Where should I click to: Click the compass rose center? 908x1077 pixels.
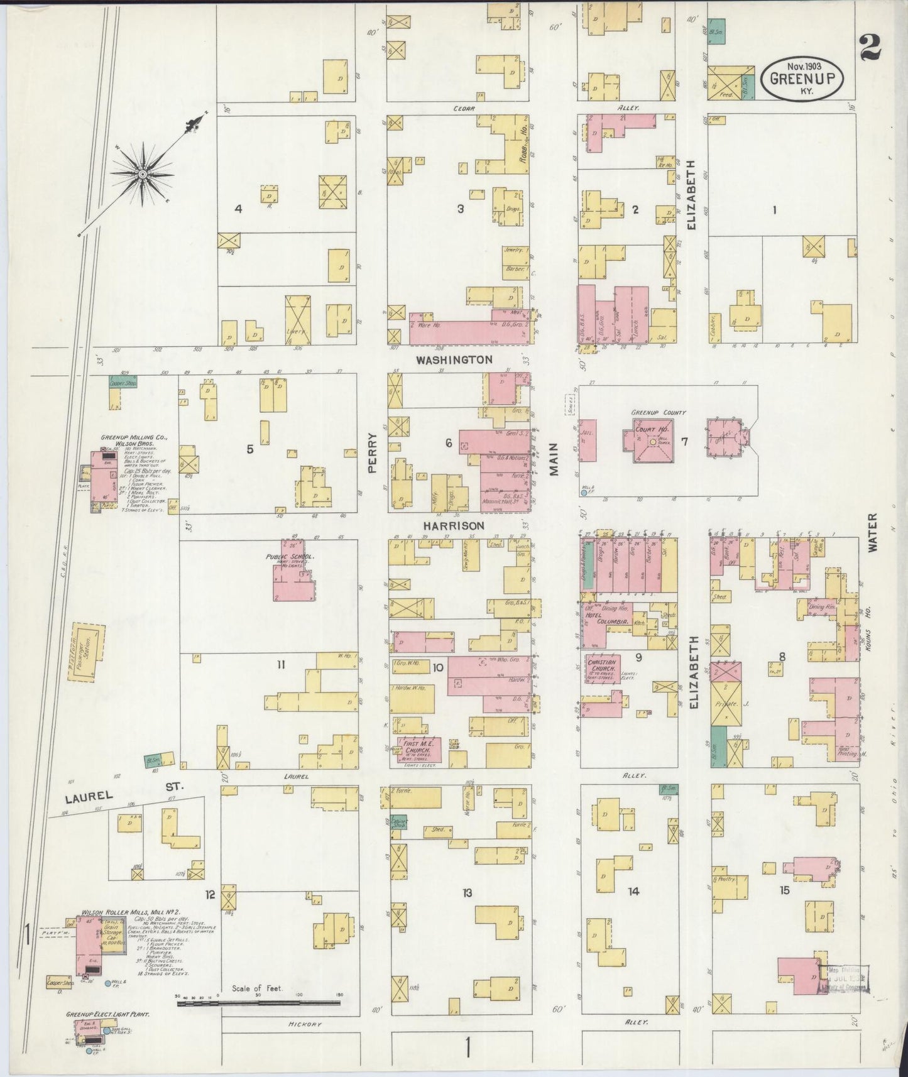143,173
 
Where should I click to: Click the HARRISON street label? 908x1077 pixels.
453,525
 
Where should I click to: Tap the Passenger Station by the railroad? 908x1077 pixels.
84,651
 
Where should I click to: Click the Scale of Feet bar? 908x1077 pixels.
260,1004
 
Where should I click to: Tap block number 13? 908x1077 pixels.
466,893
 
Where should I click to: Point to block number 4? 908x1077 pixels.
238,209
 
